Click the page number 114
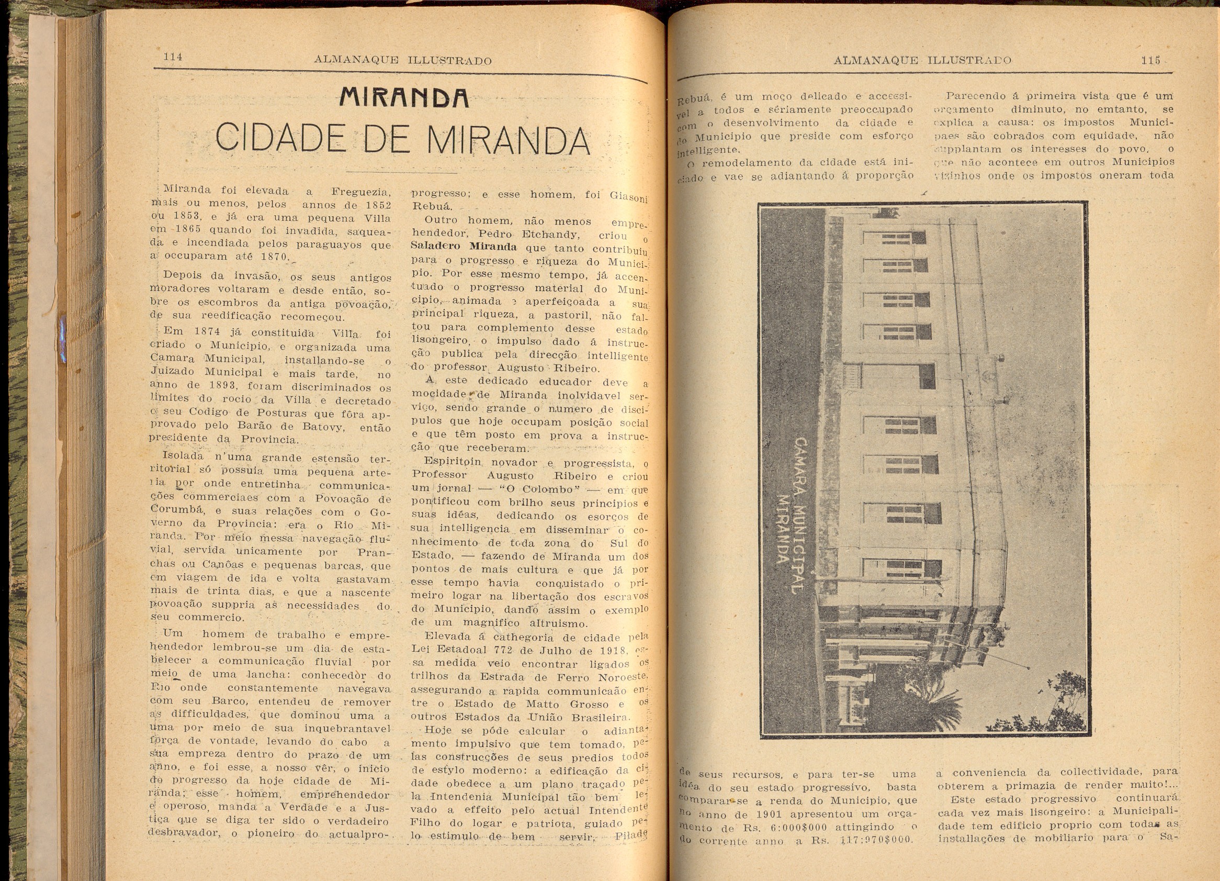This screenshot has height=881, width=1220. point(173,57)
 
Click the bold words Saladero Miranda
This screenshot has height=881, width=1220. point(464,247)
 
